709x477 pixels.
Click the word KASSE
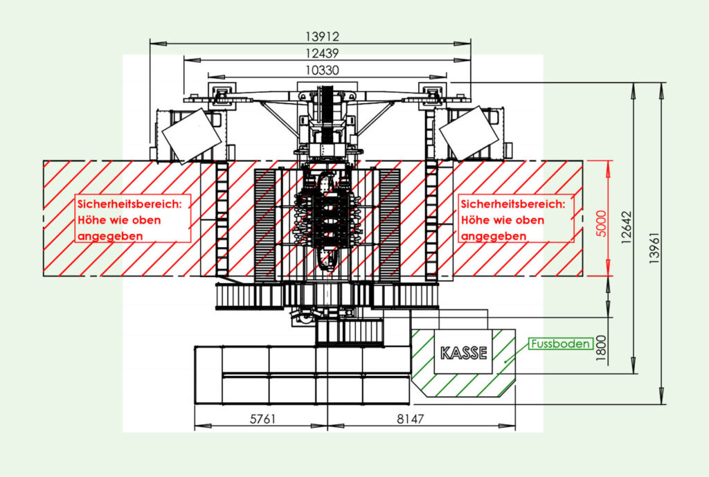tap(464, 352)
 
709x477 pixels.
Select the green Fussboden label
tap(560, 343)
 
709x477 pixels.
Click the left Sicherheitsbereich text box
tap(132, 219)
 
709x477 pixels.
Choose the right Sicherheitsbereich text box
tap(517, 219)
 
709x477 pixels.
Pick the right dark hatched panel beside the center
tap(388, 225)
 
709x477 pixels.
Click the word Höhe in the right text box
tap(475, 220)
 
